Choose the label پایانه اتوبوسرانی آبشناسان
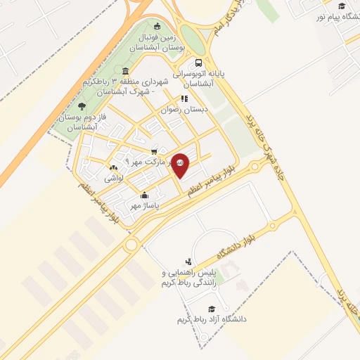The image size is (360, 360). click(x=210, y=77)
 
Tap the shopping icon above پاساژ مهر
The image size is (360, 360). click(x=145, y=195)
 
